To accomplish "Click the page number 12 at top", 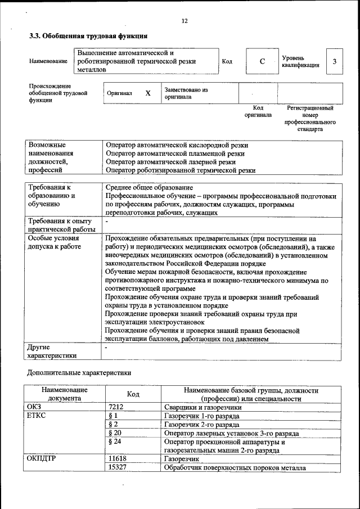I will [184, 21].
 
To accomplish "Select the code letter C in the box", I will [262, 61].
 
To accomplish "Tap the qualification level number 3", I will [335, 61].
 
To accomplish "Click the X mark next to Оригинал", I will [148, 93].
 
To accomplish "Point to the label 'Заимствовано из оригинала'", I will [186, 93].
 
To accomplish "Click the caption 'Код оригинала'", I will [258, 111].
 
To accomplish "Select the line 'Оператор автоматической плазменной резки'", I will [175, 153].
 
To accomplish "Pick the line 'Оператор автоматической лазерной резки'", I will [171, 161].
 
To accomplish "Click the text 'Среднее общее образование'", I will [150, 187].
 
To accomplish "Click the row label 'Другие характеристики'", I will [52, 352].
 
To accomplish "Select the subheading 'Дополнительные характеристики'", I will [79, 372].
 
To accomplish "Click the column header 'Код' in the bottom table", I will [133, 394].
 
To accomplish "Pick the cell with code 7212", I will [116, 407].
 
